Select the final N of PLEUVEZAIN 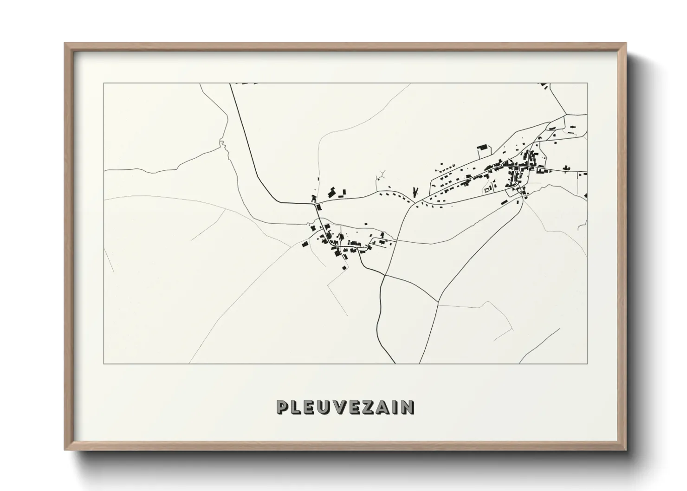(408, 407)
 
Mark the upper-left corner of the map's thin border (104, 84)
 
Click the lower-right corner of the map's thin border (588, 363)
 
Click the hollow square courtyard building (487, 189)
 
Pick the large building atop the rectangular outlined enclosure (483, 147)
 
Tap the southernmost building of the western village (344, 267)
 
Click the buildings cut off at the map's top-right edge (544, 86)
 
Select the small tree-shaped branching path (382, 175)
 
